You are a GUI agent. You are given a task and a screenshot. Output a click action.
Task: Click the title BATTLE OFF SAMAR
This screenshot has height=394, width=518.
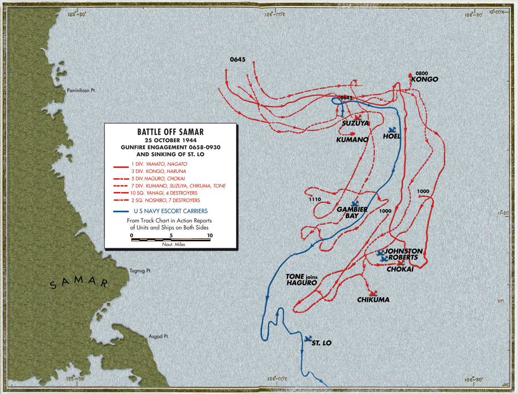tap(171, 132)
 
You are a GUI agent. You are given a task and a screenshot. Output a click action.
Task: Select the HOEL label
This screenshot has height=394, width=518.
tap(392, 136)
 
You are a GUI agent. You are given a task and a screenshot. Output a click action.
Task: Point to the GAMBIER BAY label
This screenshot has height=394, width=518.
tap(352, 212)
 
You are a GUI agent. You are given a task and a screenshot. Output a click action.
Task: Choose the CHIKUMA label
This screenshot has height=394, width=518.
tap(373, 300)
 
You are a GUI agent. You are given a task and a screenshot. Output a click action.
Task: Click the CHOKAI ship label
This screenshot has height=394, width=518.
tap(400, 269)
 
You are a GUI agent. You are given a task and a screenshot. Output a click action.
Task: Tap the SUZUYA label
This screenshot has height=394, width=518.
tap(355, 123)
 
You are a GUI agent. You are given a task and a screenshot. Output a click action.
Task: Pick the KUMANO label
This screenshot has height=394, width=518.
tap(352, 140)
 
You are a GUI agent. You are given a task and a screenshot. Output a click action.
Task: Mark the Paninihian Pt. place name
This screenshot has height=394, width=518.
tap(81, 91)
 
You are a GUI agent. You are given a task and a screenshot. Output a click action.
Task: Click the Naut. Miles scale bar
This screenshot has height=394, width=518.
tap(171, 239)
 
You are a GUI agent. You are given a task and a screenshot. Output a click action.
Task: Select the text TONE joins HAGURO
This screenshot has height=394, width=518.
tap(301, 279)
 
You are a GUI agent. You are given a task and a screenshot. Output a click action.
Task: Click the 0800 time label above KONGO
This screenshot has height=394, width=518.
tap(421, 73)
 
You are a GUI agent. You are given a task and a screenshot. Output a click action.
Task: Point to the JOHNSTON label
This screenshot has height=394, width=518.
tap(404, 251)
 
